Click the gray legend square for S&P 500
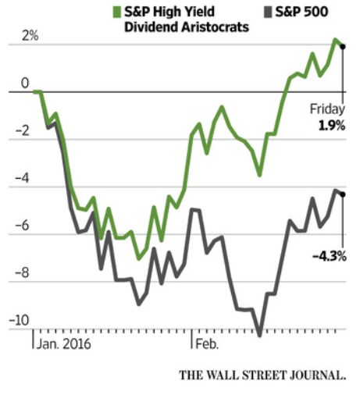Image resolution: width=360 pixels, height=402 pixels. point(266,12)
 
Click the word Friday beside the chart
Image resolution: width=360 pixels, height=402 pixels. point(327,109)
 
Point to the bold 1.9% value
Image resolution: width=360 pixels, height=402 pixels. point(331,124)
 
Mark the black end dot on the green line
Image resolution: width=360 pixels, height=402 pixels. point(343,47)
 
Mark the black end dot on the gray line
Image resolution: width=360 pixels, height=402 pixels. point(343,194)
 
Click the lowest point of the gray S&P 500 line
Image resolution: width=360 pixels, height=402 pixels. point(260,336)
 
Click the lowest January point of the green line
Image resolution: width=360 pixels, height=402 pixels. point(138,258)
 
